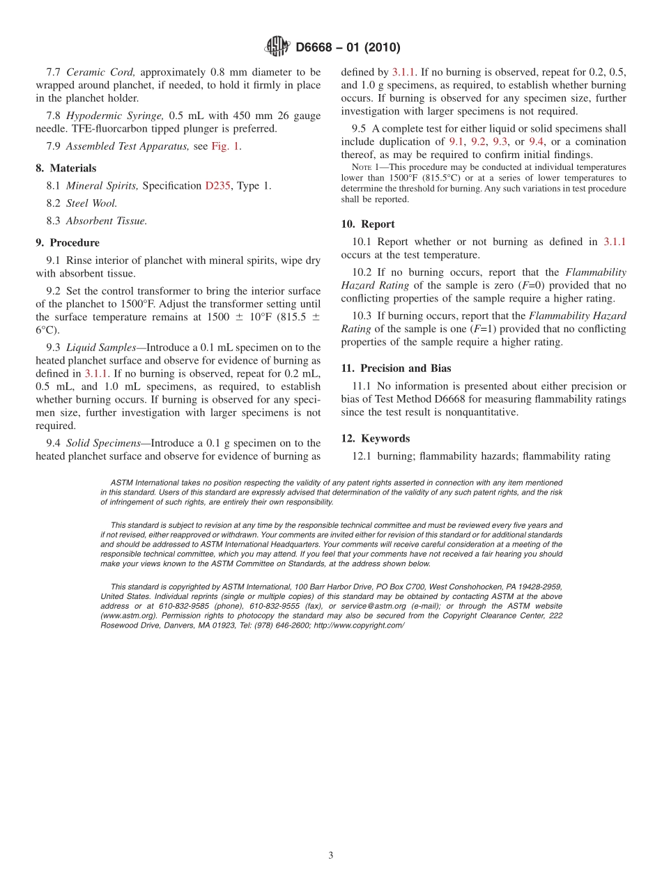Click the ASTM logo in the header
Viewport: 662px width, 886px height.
pyautogui.click(x=277, y=47)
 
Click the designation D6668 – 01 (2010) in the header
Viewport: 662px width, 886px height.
pyautogui.click(x=348, y=48)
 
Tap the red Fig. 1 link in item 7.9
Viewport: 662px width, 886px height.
pyautogui.click(x=226, y=146)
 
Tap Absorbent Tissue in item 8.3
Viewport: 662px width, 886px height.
pyautogui.click(x=106, y=221)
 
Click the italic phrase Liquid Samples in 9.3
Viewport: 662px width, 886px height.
pyautogui.click(x=101, y=348)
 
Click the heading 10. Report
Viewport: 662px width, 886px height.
pyautogui.click(x=368, y=224)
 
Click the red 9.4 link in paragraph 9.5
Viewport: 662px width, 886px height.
pyautogui.click(x=537, y=141)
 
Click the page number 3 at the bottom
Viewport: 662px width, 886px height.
pyautogui.click(x=331, y=855)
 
